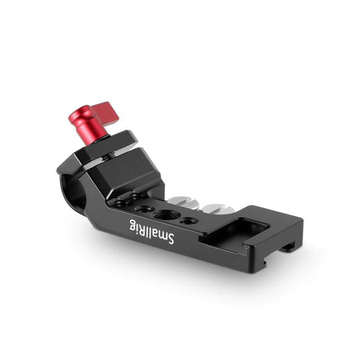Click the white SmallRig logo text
tap(152, 232)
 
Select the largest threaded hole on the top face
tap(166, 215)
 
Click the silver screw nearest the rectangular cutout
tap(218, 209)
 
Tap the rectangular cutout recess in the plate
tap(234, 232)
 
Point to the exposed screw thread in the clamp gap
tap(107, 157)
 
